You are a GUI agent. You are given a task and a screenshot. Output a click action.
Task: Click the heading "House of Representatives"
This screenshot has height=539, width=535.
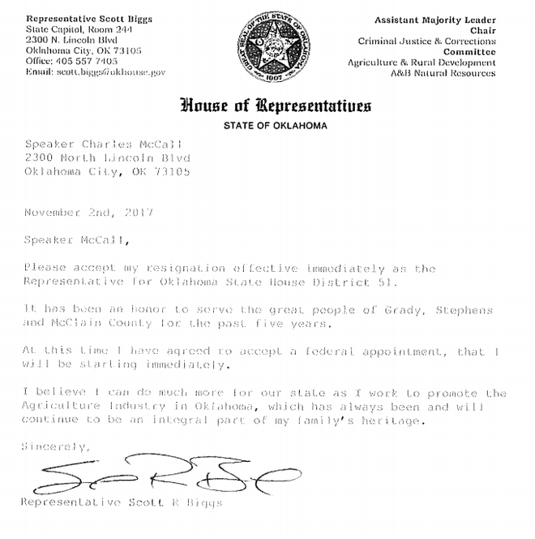click(x=276, y=106)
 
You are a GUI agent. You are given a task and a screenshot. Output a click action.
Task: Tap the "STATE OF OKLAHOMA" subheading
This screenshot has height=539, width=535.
click(x=276, y=123)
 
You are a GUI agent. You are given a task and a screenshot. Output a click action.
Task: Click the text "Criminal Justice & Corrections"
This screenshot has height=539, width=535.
click(x=427, y=41)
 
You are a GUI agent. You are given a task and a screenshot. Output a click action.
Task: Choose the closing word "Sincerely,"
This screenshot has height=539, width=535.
click(x=53, y=446)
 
